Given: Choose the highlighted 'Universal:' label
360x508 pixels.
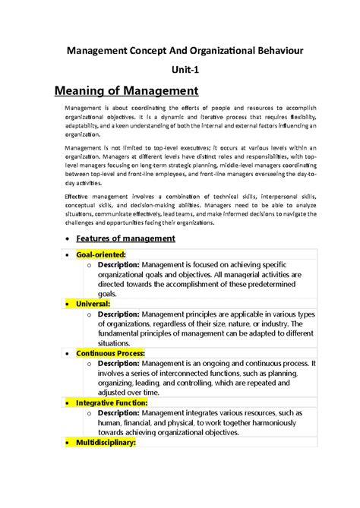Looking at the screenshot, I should coord(93,303).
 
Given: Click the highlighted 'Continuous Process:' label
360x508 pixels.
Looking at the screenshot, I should coord(110,353).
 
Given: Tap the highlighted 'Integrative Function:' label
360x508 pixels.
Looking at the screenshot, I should coord(112,402).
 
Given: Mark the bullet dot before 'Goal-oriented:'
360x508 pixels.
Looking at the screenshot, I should coord(68,254).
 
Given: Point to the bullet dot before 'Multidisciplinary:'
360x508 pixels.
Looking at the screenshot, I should coord(68,443).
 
